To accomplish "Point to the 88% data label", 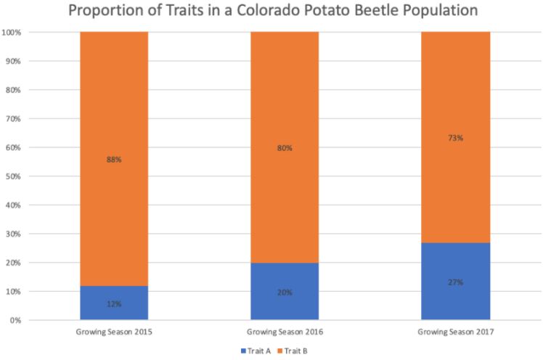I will click(x=114, y=159).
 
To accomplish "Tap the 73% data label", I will click(x=455, y=137).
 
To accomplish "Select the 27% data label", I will click(x=455, y=282).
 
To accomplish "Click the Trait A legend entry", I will click(x=250, y=351).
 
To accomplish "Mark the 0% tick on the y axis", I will click(x=16, y=320).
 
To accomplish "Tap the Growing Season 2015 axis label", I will click(x=114, y=332).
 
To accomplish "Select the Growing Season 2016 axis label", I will click(x=285, y=332).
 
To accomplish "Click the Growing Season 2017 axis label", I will click(x=455, y=332).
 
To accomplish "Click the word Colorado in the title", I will click(x=266, y=12).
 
